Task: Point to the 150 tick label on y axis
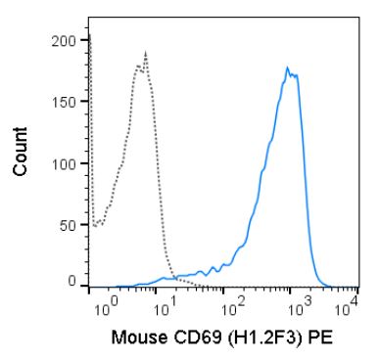click(65, 102)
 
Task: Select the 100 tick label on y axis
click(65, 161)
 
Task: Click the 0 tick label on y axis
click(72, 281)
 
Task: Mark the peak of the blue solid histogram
click(287, 67)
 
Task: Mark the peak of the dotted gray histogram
click(145, 54)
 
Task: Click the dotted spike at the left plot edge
click(90, 39)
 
